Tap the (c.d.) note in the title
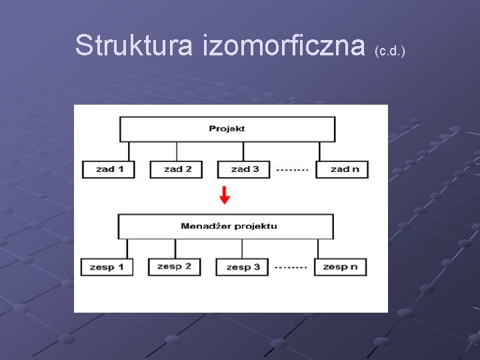click(390, 51)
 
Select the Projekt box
click(227, 129)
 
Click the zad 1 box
click(108, 169)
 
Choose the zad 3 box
click(243, 169)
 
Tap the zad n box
click(343, 169)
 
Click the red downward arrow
click(225, 195)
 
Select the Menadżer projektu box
click(226, 226)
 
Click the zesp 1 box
click(107, 267)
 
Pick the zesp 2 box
click(174, 267)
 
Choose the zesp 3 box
click(242, 267)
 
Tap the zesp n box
click(341, 267)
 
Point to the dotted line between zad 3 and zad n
click(292, 170)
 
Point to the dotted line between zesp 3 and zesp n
click(291, 267)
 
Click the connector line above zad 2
click(176, 151)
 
